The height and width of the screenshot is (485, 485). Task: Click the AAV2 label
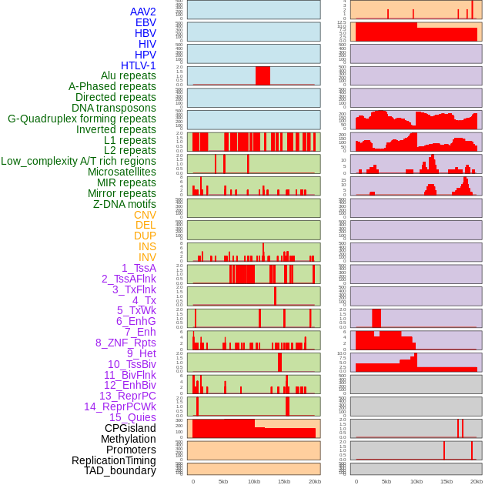point(143,12)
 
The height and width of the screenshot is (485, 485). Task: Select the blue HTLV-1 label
point(139,65)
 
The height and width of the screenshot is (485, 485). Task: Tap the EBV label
point(145,22)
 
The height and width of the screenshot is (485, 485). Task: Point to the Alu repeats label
point(129,75)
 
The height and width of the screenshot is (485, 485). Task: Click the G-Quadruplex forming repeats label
point(82,119)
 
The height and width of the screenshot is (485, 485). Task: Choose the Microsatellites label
point(122,172)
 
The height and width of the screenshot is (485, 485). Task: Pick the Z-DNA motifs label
point(125,204)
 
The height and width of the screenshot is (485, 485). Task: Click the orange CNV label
point(145,215)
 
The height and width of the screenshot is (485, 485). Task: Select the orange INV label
point(147,257)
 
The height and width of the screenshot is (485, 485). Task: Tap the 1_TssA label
point(139,268)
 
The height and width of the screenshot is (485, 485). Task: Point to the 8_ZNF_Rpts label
point(125,343)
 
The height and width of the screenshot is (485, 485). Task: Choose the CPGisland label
point(130,428)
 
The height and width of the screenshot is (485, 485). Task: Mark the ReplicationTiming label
point(114,460)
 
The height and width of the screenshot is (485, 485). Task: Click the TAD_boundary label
point(120,470)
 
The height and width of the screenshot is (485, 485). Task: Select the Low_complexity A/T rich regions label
point(79,161)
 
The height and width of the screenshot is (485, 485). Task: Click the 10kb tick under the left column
point(253,481)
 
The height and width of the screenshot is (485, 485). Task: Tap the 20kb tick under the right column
point(477,481)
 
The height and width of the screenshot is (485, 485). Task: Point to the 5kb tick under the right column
point(386,481)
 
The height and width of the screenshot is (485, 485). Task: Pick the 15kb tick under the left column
point(283,481)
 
